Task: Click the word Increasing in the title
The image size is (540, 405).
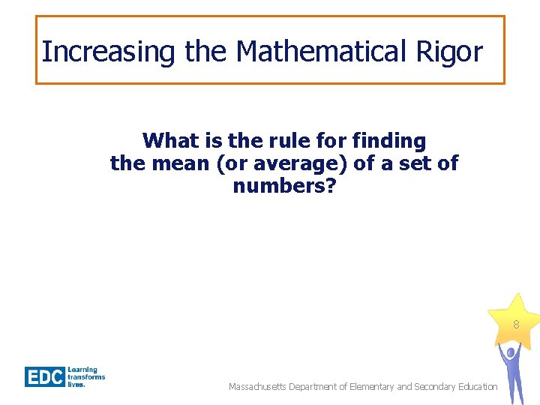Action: click(107, 52)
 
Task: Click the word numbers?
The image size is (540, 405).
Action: click(284, 185)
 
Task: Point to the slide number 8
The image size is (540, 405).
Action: click(516, 325)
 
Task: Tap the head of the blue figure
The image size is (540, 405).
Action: click(511, 350)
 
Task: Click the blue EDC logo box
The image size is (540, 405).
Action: click(45, 376)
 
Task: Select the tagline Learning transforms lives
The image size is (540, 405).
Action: click(86, 376)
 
